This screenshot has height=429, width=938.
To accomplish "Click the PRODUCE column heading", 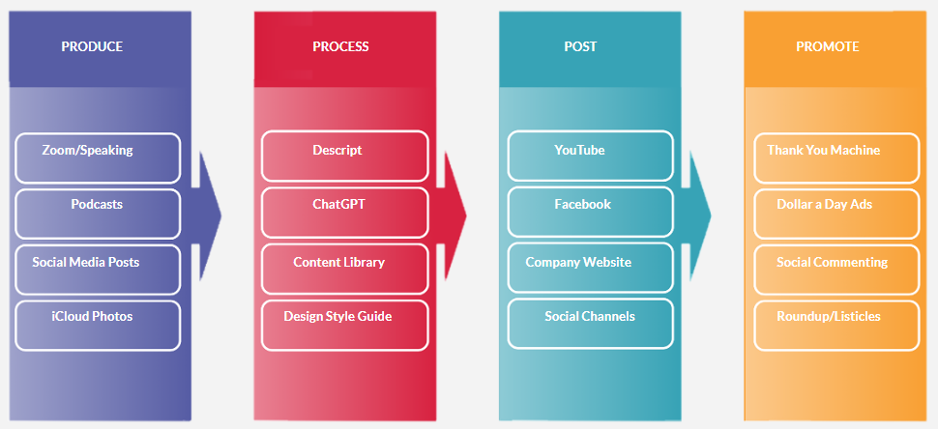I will click(92, 46).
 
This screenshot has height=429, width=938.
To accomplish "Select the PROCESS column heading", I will click(340, 46).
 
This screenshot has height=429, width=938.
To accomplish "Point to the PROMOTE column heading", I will click(827, 46).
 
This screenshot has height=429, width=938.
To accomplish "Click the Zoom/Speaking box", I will click(98, 157).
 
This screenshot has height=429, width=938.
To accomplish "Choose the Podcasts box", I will click(98, 213).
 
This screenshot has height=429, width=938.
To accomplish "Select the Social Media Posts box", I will click(98, 269).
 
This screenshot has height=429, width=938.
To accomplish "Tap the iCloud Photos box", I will click(98, 325).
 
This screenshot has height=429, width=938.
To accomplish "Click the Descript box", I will click(344, 156).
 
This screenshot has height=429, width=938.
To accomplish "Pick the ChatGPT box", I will click(344, 213).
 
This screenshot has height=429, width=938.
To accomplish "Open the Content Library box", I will click(344, 269).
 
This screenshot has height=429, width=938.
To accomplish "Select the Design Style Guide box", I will click(344, 325).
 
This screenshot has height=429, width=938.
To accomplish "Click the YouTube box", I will click(590, 156).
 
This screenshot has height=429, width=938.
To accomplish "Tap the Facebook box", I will click(590, 213).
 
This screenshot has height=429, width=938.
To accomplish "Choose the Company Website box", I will click(590, 269).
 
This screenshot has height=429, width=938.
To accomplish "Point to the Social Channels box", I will click(590, 325).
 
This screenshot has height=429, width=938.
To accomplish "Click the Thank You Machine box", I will click(835, 157).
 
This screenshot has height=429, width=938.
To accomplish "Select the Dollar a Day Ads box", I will click(835, 213).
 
